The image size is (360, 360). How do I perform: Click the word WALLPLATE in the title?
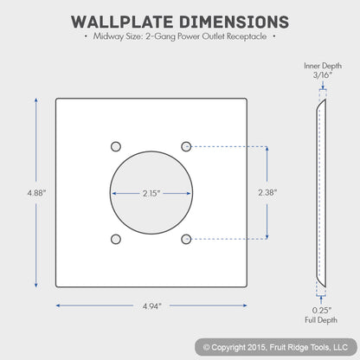[x=122, y=22]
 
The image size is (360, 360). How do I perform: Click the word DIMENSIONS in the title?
[x=234, y=22]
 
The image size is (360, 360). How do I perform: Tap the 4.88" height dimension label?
[x=36, y=193]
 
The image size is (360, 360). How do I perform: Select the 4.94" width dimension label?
[x=152, y=306]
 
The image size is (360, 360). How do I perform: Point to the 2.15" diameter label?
[x=151, y=193]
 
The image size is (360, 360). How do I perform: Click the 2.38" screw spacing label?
[x=267, y=192]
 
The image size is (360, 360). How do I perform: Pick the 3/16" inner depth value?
[x=323, y=75]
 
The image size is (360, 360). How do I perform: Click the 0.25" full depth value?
[x=322, y=311]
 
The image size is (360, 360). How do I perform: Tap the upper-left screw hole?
[x=116, y=146]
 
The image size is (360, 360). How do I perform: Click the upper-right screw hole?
[x=186, y=146]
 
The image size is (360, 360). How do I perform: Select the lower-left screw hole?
[x=116, y=239]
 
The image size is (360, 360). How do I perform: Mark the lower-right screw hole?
[x=186, y=239]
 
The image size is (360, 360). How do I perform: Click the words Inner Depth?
[x=323, y=66]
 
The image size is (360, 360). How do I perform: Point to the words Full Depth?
[x=321, y=320]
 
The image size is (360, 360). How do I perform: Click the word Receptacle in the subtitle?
[x=247, y=36]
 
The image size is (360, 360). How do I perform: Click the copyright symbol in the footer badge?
[x=206, y=347]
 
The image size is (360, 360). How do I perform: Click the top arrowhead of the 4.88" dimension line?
[x=36, y=100]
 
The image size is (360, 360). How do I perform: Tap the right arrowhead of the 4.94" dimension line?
[x=245, y=305]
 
